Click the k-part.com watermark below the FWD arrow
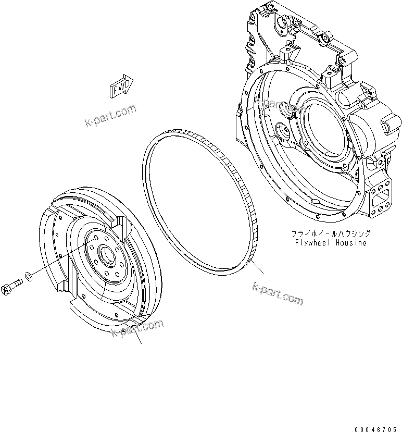[110, 115]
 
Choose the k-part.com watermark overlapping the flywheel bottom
[137, 329]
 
